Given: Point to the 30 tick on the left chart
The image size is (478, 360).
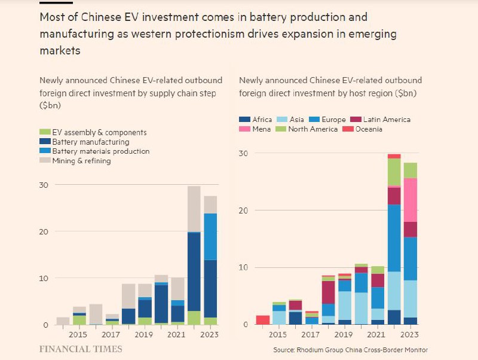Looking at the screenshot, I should click(x=44, y=185).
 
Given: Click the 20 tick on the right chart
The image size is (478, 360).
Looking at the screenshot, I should click(x=244, y=210).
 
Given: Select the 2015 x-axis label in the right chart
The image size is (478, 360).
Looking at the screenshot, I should click(x=279, y=335).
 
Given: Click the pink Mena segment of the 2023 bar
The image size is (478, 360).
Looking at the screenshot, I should click(x=410, y=200).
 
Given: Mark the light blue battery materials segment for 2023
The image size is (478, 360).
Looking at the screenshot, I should click(x=210, y=236).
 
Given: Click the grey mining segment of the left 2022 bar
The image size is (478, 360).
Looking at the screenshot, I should click(x=194, y=209).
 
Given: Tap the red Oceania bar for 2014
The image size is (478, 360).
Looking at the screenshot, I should click(x=262, y=319).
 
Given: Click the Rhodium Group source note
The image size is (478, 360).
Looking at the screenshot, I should click(x=350, y=350).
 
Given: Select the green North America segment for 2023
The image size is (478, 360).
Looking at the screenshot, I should click(x=410, y=170).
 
